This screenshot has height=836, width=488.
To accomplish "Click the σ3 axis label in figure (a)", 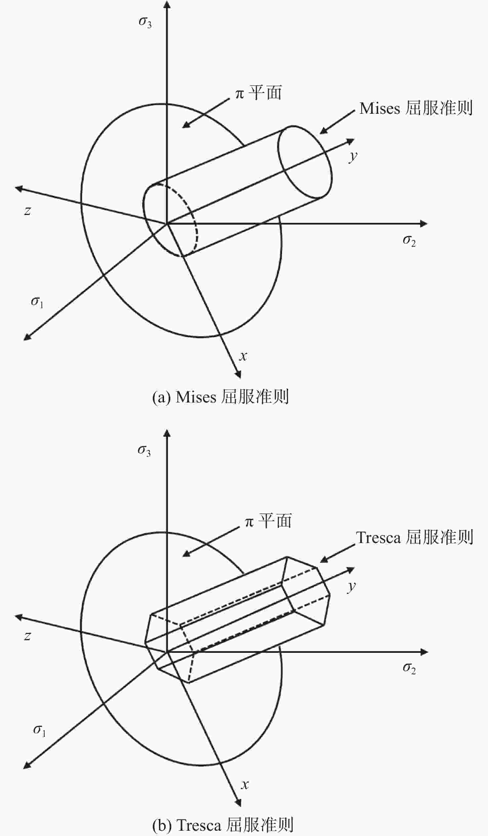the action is pos(145,22).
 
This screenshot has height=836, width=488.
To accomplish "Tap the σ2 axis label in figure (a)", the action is pos(409,241).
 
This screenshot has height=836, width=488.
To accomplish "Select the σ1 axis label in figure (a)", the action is pos(37,302).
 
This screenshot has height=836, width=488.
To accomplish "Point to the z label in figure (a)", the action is pos(27,211).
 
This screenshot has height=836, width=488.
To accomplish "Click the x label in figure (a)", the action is pos(243,356).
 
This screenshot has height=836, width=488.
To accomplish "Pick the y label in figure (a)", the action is pos(353,156).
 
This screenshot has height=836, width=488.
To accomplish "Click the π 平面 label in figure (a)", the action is pos(259,93).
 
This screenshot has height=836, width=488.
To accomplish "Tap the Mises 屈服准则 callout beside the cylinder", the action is pos(416,108).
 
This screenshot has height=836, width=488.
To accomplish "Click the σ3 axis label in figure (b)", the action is pos(144,451).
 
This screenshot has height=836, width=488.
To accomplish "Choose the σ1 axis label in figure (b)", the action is pos(39,731).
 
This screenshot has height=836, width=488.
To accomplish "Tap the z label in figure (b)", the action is pos(27,636).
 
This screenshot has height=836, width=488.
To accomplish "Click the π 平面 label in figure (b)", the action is pos(268,521).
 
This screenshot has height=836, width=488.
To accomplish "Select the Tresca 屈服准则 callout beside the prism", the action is pos(414,537).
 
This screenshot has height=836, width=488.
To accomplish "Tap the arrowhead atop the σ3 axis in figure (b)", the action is pos(167,434).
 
